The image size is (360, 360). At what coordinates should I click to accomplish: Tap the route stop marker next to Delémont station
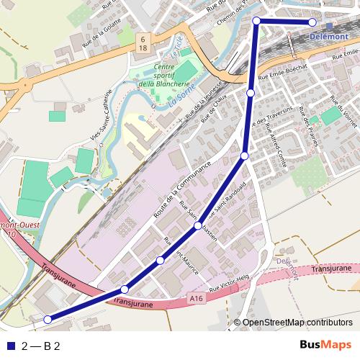[312, 22]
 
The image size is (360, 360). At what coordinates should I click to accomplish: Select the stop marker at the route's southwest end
[48, 319]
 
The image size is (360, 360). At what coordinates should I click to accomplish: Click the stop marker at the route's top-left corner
[256, 22]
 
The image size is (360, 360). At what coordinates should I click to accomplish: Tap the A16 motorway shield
[198, 297]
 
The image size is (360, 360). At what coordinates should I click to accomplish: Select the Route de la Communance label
[181, 189]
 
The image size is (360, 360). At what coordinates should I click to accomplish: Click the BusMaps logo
[325, 346]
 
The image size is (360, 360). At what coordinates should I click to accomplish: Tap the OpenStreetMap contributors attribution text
[297, 322]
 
